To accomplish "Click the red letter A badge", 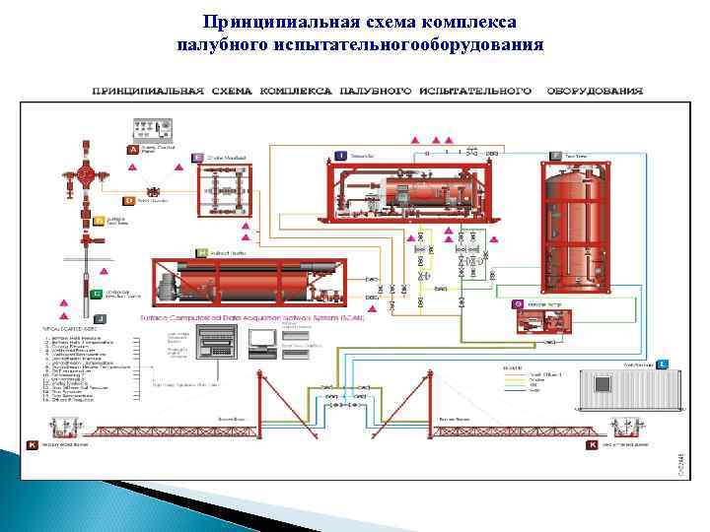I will tap(133, 149).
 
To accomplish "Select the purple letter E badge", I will tap(198, 158).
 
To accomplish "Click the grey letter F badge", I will tap(555, 156).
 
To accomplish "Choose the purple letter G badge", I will tap(517, 304).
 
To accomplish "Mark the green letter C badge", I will tap(97, 294).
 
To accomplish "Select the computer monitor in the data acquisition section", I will tap(261, 339).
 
